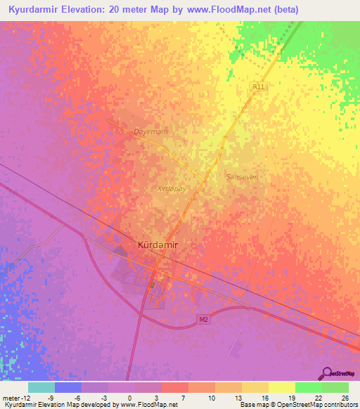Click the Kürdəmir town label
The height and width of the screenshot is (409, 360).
coord(159,245)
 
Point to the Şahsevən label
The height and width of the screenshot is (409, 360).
coord(243,176)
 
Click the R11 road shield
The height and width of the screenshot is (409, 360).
coord(259,86)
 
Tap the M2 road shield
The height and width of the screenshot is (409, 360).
coord(203,320)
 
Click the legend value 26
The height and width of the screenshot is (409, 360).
coord(344,397)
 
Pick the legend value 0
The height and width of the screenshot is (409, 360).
coord(129,397)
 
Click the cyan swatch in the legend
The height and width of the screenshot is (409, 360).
coord(41,387)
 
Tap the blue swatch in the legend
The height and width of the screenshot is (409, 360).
coord(68,387)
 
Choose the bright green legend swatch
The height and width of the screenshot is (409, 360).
coord(309,387)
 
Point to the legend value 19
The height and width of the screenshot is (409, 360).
coord(290,397)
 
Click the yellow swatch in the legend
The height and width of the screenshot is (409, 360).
coord(282,387)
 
